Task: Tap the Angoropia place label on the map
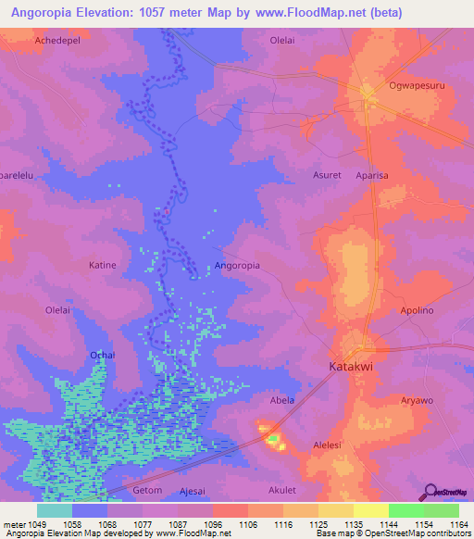pyautogui.click(x=237, y=265)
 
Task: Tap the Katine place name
pyautogui.click(x=102, y=265)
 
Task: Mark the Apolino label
pyautogui.click(x=416, y=310)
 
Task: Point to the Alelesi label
pyautogui.click(x=331, y=445)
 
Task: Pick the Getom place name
pyautogui.click(x=148, y=490)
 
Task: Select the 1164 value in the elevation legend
pyautogui.click(x=459, y=523)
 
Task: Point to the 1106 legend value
pyautogui.click(x=247, y=523)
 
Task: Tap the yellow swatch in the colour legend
pyautogui.click(x=370, y=510)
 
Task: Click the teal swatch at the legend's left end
pyautogui.click(x=55, y=510)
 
